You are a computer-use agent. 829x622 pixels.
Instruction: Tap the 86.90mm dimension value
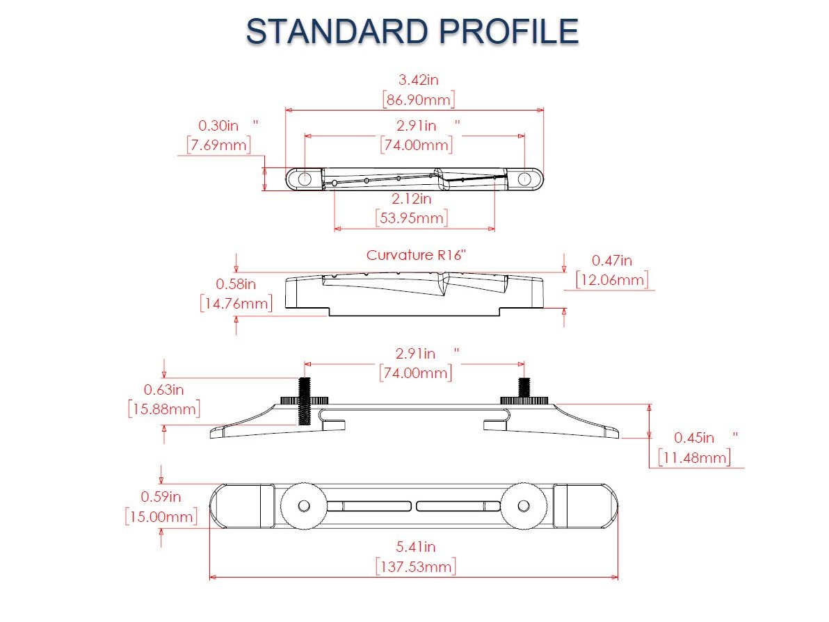click(419, 99)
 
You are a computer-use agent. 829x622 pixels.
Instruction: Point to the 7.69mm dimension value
click(218, 145)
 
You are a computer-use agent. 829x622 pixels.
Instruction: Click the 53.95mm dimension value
click(411, 218)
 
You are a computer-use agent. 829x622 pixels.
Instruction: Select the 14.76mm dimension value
click(236, 303)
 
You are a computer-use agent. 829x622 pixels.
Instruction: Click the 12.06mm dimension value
click(612, 279)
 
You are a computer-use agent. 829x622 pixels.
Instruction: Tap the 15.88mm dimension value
click(164, 409)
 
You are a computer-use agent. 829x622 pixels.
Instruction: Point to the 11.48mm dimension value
click(695, 457)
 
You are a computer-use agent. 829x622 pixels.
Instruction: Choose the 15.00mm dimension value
click(161, 516)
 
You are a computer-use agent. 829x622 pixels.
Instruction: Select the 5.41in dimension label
click(416, 548)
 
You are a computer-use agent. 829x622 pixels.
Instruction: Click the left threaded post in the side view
click(305, 402)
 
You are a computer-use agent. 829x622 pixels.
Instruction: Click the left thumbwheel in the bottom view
click(303, 505)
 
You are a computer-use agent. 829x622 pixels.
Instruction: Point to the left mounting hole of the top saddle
click(305, 179)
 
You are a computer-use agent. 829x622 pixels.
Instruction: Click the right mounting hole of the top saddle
click(524, 179)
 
